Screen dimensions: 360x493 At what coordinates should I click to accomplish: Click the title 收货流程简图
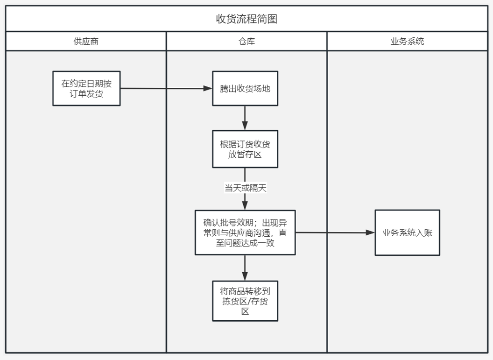coord(246,19)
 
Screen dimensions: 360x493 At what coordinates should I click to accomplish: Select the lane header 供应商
coord(86,41)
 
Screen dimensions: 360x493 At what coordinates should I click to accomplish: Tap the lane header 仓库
coord(246,41)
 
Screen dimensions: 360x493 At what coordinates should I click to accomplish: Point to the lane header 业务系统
coord(407,41)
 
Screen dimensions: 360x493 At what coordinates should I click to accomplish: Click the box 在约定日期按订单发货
coord(86,89)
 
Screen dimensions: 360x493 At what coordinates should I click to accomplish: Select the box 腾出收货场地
coord(245,89)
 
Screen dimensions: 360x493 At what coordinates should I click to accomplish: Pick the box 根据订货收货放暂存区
coord(245,149)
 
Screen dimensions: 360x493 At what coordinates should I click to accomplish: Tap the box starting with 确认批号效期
coord(245,232)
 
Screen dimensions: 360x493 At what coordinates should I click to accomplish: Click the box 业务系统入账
coord(407,233)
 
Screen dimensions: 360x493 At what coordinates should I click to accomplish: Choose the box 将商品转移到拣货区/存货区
coord(245,301)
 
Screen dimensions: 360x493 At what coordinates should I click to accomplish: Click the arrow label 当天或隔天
coord(245,188)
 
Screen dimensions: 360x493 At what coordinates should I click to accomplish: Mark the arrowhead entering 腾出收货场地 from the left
coord(208,89)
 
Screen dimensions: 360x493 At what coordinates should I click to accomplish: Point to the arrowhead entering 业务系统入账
coord(370,232)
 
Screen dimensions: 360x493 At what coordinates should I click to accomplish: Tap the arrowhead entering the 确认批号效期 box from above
coord(245,205)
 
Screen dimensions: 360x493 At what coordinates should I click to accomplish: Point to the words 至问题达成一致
coord(245,243)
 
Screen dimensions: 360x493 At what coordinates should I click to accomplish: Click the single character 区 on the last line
coord(245,311)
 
